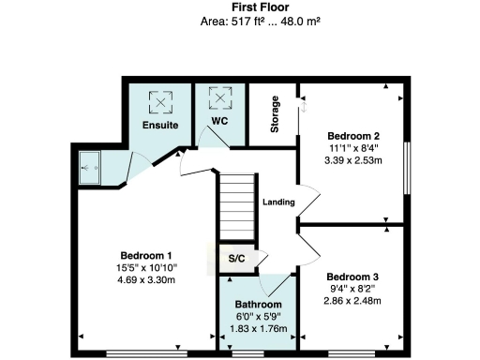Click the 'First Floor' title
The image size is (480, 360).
pyautogui.click(x=239, y=7)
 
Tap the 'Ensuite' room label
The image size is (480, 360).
pyautogui.click(x=161, y=125)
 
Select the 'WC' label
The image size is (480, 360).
pyautogui.click(x=219, y=121)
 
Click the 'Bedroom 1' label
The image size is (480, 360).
pyautogui.click(x=146, y=256)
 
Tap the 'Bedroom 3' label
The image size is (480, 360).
pyautogui.click(x=352, y=277)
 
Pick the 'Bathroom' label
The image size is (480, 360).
pyautogui.click(x=258, y=305)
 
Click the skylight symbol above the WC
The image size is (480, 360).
pyautogui.click(x=220, y=97)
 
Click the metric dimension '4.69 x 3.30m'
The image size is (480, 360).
pyautogui.click(x=146, y=279)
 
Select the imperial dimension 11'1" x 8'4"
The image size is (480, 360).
pyautogui.click(x=352, y=146)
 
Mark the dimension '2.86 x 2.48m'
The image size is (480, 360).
pyautogui.click(x=352, y=300)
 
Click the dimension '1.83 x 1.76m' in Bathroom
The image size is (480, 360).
pyautogui.click(x=258, y=328)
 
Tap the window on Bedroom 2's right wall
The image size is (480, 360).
pyautogui.click(x=407, y=169)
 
